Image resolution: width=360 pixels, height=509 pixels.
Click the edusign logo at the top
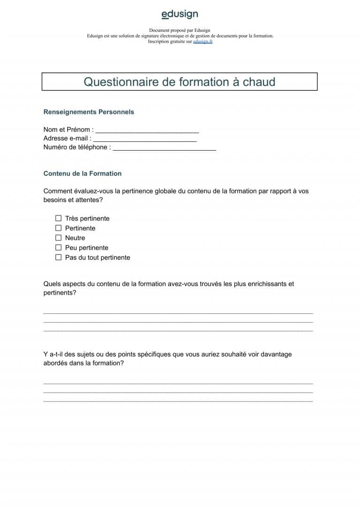click(180, 15)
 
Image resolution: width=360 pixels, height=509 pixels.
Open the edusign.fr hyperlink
click(202, 41)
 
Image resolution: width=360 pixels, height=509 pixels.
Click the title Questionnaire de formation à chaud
click(180, 82)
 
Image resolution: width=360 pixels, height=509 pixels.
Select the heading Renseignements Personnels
click(89, 112)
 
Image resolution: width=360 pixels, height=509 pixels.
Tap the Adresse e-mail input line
click(145, 139)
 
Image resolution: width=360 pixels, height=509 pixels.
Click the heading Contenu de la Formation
click(82, 174)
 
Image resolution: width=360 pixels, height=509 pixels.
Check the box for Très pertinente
click(59, 218)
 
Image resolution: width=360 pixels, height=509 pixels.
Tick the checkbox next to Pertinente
click(59, 228)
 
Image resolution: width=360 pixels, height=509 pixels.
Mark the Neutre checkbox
click(59, 238)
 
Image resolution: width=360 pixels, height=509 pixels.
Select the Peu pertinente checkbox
click(59, 248)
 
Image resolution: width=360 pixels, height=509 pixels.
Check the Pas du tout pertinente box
click(59, 258)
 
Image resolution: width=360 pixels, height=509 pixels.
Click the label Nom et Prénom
click(67, 129)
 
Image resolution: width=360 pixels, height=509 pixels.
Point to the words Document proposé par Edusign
click(180, 30)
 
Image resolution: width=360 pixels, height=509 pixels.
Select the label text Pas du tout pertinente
click(97, 258)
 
